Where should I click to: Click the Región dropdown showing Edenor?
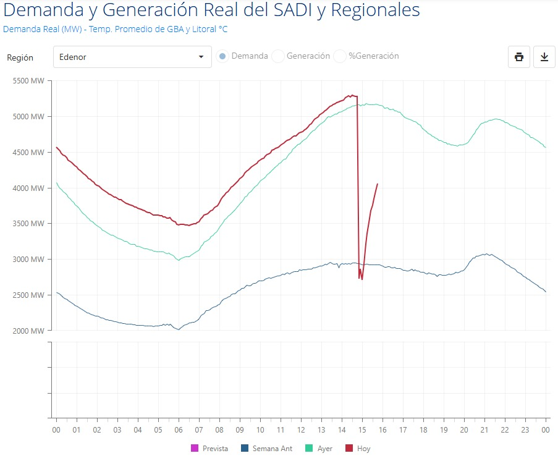coord(132,57)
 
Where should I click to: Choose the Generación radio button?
coord(278,56)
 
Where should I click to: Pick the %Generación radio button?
coord(340,56)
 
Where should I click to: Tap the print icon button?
coord(519,57)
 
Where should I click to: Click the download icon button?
coord(544,57)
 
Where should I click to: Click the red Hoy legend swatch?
coord(350,449)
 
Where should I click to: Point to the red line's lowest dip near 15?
coord(362,279)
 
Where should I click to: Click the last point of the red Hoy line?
coord(378,184)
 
